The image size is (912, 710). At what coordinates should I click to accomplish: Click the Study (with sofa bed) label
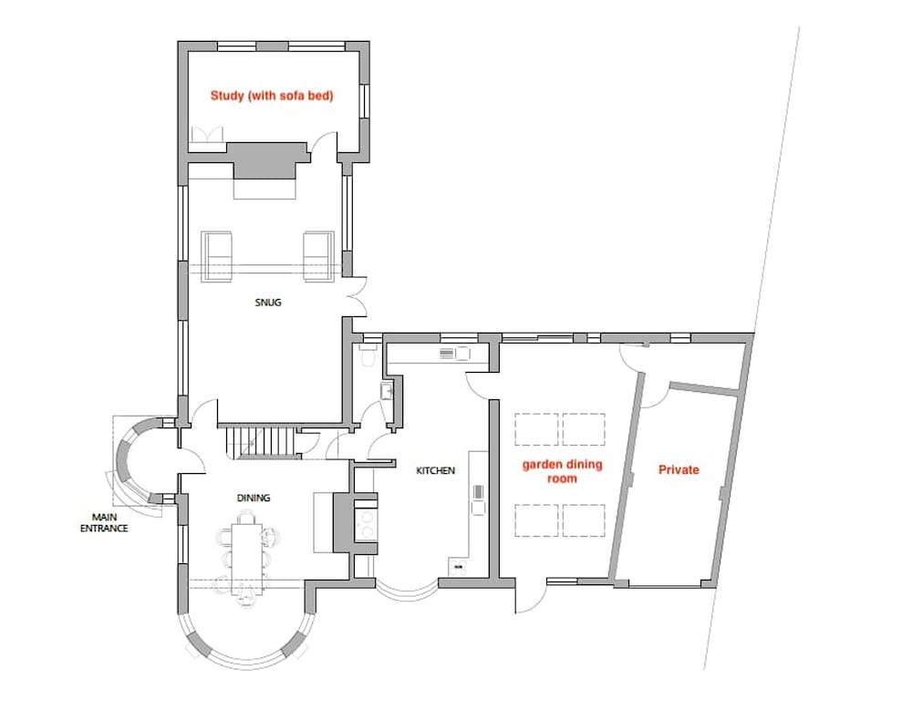pos(272,96)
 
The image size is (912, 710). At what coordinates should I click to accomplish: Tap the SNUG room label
pos(268,303)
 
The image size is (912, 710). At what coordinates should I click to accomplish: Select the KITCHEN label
pos(436,470)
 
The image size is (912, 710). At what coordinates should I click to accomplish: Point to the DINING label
pos(254,498)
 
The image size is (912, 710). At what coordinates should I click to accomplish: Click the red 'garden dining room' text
pos(562,471)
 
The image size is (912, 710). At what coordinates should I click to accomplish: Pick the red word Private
pos(679,470)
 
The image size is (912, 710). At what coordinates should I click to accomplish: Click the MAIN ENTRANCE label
pos(104,523)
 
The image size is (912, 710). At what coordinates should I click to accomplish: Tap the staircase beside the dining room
pos(261,443)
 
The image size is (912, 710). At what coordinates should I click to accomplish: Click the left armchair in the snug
pos(216,256)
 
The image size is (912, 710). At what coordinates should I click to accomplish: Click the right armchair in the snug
pos(318,256)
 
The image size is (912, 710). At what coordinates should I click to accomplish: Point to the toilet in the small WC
pos(368,355)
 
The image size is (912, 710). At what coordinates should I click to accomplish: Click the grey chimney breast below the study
pos(267,160)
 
